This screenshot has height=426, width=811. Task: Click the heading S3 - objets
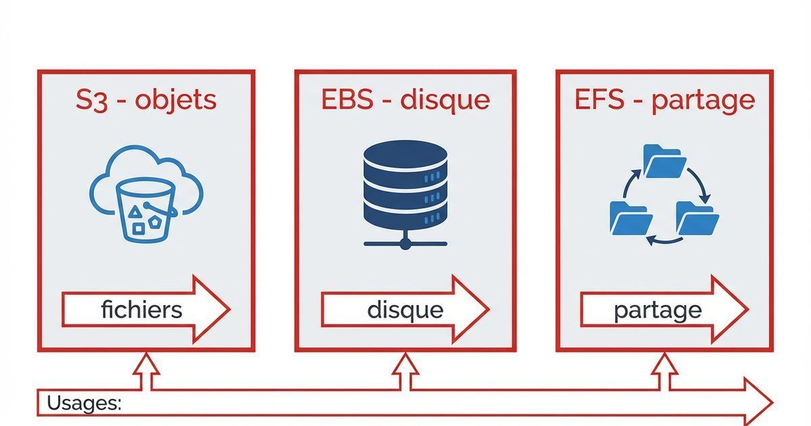pos(146,100)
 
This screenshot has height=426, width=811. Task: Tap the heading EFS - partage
pos(664,100)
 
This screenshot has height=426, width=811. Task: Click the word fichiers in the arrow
pos(141,310)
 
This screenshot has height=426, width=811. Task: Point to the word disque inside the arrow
pos(405,310)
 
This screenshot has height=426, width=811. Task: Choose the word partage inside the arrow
pos(658,310)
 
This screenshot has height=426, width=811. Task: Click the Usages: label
pos(84,404)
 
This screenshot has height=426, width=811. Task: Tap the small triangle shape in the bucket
pos(135,213)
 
